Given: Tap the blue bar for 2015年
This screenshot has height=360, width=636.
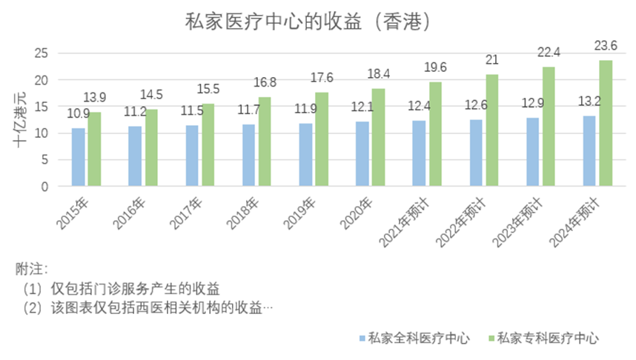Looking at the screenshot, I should (78, 157).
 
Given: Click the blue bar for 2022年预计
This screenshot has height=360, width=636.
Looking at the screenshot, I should (475, 153).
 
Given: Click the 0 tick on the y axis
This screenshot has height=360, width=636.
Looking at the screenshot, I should (44, 186).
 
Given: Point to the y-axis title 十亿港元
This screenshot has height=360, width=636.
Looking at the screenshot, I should (20, 120).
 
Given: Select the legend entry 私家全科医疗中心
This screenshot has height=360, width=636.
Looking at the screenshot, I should (420, 339).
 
